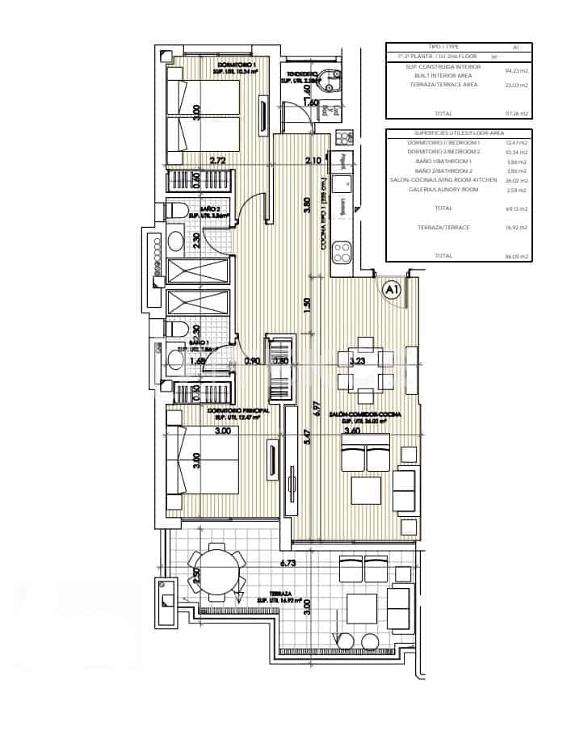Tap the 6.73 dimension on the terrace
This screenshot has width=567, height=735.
tap(289, 563)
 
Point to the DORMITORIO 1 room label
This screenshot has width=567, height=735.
tap(237, 64)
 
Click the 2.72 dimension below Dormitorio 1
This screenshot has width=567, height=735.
tap(217, 161)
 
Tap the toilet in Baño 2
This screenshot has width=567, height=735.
tap(176, 212)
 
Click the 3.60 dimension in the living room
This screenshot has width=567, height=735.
tap(352, 431)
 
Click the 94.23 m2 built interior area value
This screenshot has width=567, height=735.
tap(518, 71)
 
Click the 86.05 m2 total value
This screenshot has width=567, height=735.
tap(518, 256)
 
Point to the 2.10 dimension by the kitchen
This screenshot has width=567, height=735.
tap(313, 161)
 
